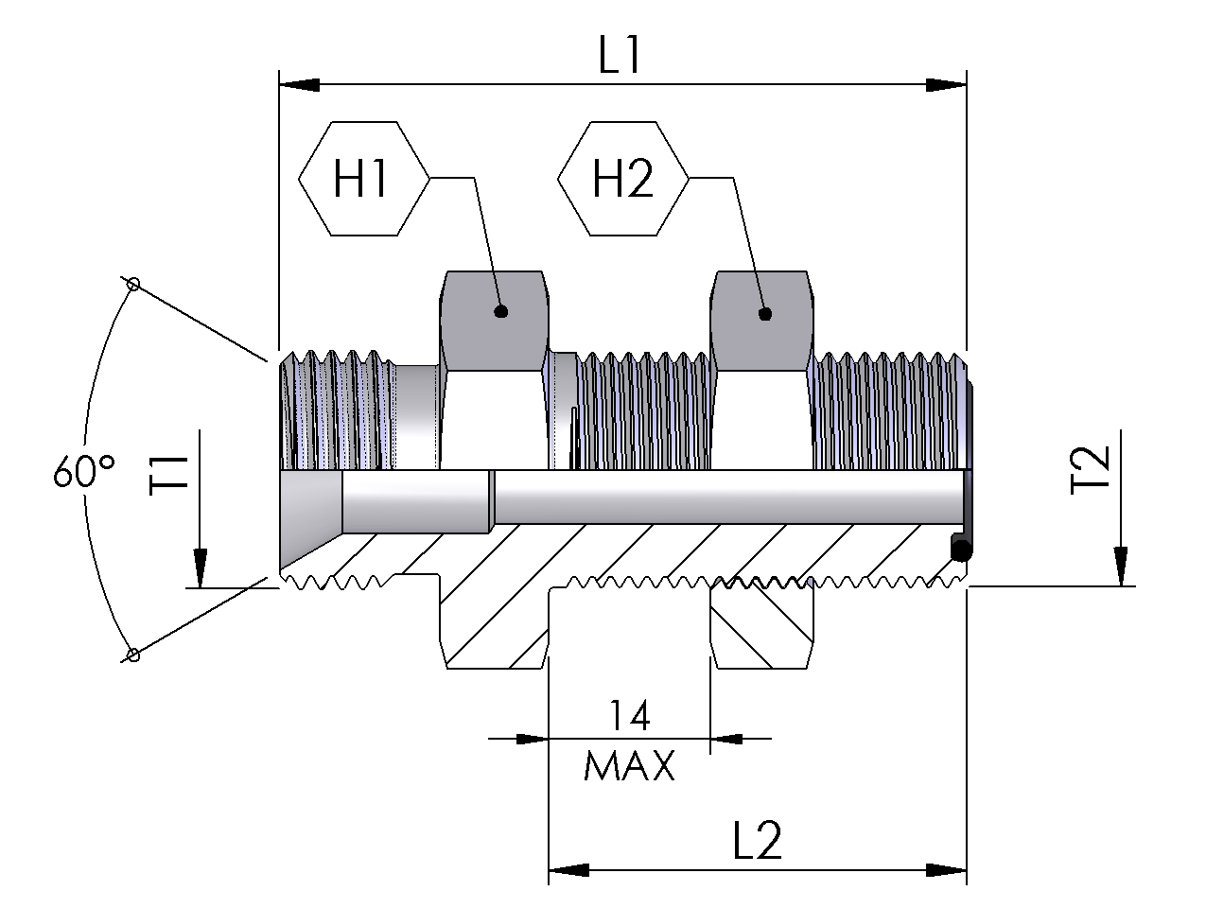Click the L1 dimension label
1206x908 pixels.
(x=620, y=58)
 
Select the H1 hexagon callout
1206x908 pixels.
(x=362, y=178)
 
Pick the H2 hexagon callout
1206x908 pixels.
(x=622, y=178)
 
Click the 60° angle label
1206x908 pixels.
(x=84, y=470)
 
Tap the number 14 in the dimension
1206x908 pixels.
(x=629, y=716)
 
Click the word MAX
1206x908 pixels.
(x=630, y=765)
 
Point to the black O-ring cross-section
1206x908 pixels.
(x=960, y=549)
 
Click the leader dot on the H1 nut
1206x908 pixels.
(x=501, y=310)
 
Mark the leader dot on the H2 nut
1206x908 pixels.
(x=765, y=314)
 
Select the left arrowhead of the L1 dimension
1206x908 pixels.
(x=297, y=85)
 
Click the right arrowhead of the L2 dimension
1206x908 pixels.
(x=946, y=868)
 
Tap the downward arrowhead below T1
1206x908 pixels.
(x=200, y=568)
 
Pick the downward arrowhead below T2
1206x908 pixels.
(x=1119, y=567)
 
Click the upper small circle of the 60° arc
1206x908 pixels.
(x=133, y=284)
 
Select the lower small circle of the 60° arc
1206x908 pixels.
(x=133, y=654)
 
